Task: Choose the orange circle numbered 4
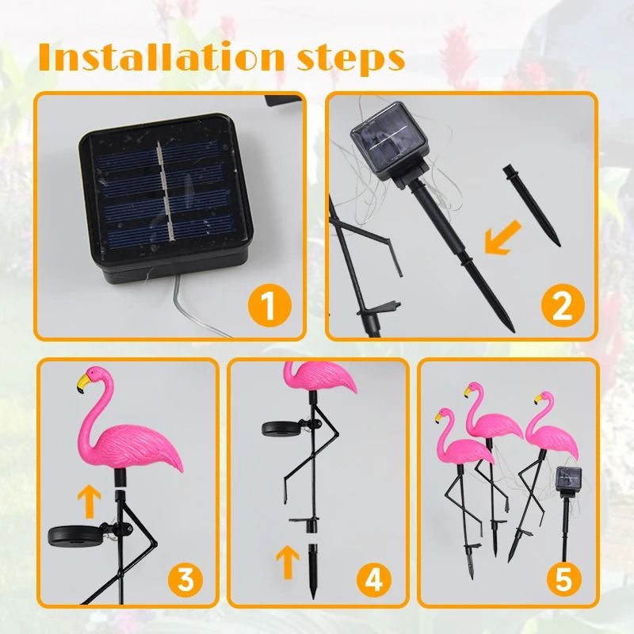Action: pyautogui.click(x=373, y=578)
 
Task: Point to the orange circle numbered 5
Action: pyautogui.click(x=563, y=578)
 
